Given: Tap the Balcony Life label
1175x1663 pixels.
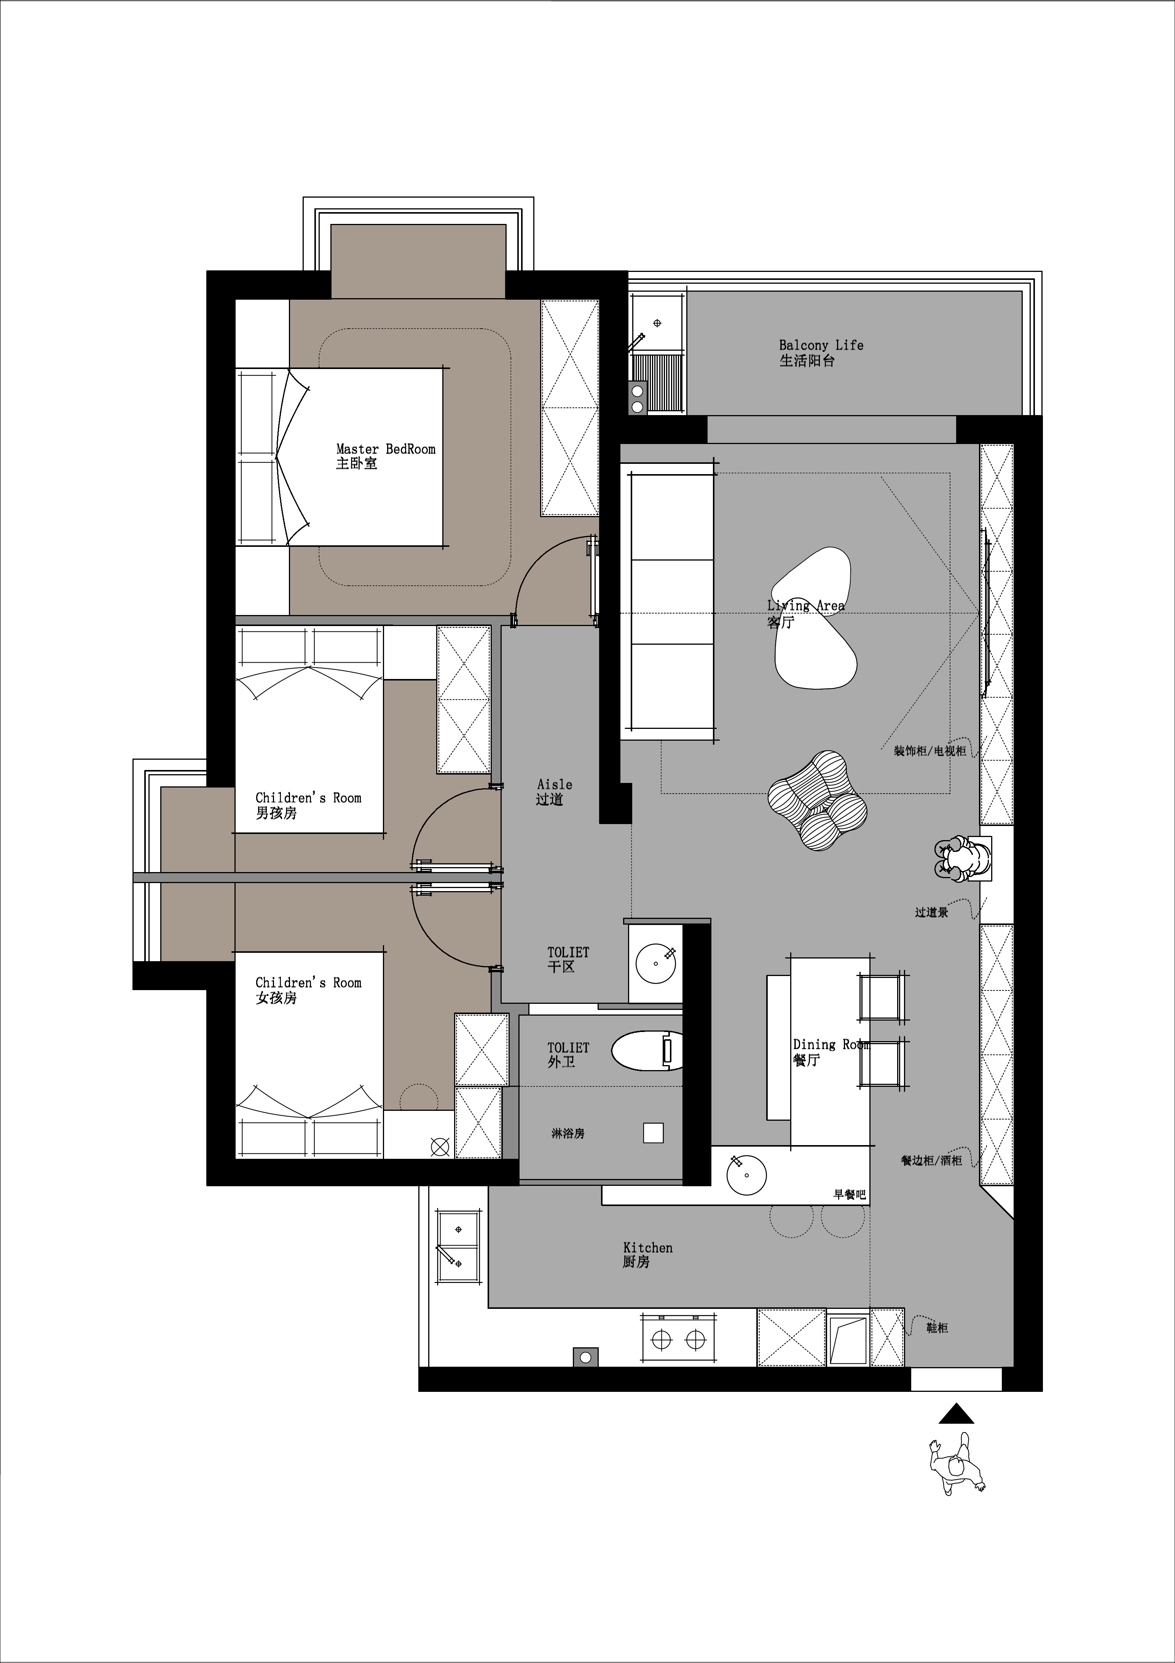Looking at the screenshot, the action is pos(821,353).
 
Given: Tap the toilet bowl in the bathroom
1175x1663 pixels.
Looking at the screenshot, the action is pos(647,1051).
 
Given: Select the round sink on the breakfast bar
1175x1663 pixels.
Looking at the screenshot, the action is pos(746,1174).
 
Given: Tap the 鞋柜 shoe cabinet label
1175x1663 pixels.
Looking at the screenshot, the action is pos(937,1328).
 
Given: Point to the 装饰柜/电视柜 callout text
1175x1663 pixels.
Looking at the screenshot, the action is pos(929,751).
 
